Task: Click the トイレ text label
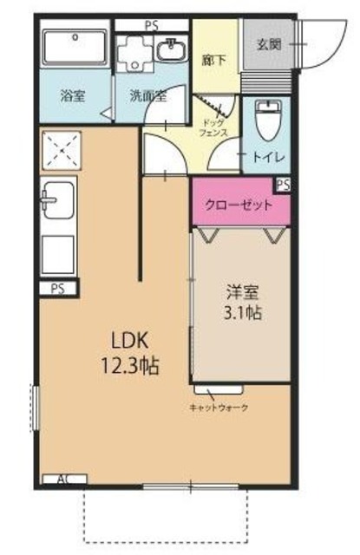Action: [265, 158]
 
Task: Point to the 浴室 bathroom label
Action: [71, 96]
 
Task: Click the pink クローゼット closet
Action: [239, 206]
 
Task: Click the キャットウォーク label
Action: [219, 407]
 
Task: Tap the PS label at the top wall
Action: [151, 25]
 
